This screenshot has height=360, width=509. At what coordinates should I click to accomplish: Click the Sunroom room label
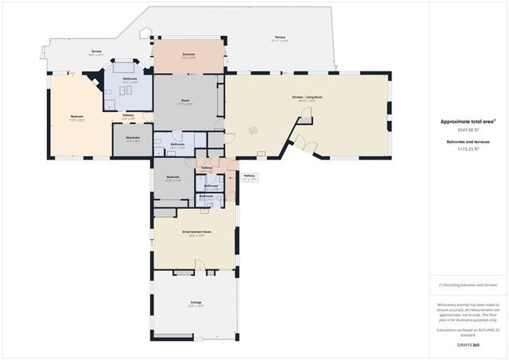[189, 56]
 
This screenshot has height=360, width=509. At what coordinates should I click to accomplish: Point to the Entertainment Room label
[194, 232]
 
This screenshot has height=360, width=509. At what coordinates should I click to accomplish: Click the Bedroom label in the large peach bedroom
[77, 117]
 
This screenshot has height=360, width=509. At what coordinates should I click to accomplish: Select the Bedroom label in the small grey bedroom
[173, 177]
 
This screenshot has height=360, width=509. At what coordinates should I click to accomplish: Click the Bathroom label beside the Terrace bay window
[130, 79]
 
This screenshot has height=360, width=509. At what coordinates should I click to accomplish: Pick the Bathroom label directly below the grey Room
[177, 145]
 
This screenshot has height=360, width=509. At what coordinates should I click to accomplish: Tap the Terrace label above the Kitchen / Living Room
[280, 37]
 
